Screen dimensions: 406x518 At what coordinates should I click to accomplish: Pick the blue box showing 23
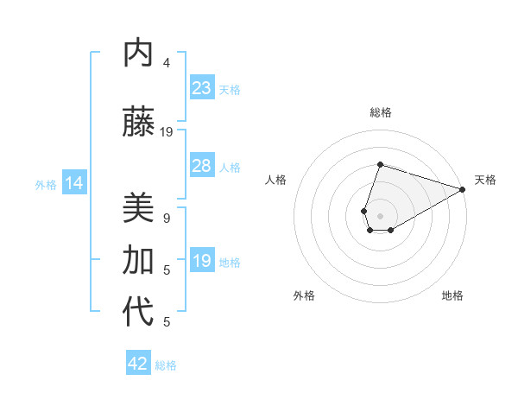click(x=202, y=88)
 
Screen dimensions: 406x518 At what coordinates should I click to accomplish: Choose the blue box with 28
click(x=202, y=166)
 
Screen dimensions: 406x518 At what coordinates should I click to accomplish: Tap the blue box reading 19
click(x=202, y=261)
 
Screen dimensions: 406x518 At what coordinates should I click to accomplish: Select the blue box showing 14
click(x=73, y=183)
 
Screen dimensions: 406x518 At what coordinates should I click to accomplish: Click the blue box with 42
click(x=138, y=364)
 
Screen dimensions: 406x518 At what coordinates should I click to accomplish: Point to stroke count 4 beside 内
click(x=167, y=63)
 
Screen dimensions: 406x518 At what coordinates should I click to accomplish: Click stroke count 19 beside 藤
click(x=167, y=132)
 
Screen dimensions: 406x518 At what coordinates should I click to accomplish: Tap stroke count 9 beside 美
click(x=167, y=219)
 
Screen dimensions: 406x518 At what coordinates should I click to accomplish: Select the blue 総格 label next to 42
click(x=166, y=365)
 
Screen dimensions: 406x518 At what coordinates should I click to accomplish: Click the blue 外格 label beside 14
click(x=46, y=184)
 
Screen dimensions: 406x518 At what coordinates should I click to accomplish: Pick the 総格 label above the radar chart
click(x=380, y=112)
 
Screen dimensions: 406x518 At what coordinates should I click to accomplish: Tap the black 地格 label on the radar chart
click(x=452, y=295)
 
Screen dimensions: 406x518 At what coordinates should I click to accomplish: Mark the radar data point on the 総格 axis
click(x=380, y=164)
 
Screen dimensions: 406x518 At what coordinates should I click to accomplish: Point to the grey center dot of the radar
click(x=380, y=214)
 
